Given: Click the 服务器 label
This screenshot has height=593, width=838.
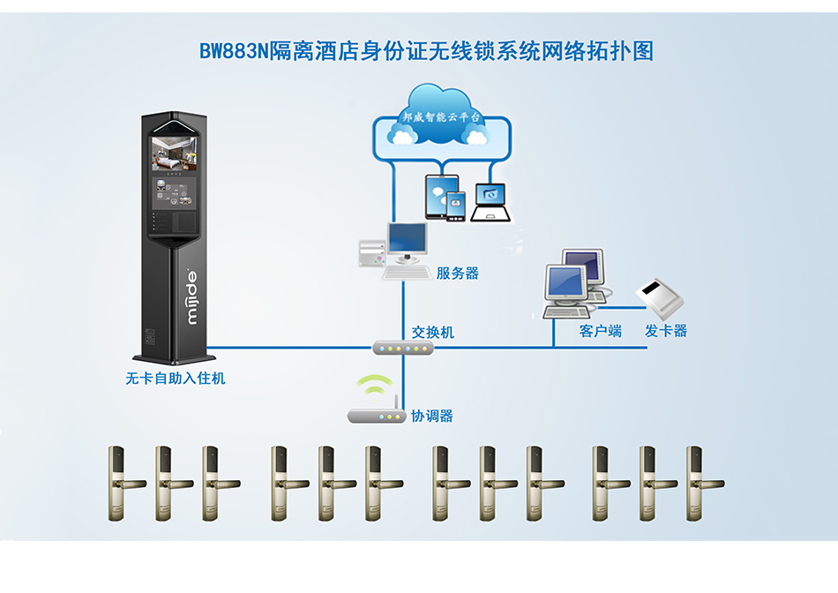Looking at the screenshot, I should [x=458, y=274].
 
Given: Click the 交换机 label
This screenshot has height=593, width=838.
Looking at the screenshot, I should [x=433, y=332].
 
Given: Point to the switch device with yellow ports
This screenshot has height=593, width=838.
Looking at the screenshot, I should [x=403, y=348].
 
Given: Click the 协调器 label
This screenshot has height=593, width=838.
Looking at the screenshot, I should [x=432, y=416].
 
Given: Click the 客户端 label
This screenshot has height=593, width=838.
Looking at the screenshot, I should [x=601, y=331].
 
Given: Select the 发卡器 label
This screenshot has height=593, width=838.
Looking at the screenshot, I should [x=666, y=331].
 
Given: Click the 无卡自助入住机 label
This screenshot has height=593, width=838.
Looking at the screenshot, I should [x=176, y=379].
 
